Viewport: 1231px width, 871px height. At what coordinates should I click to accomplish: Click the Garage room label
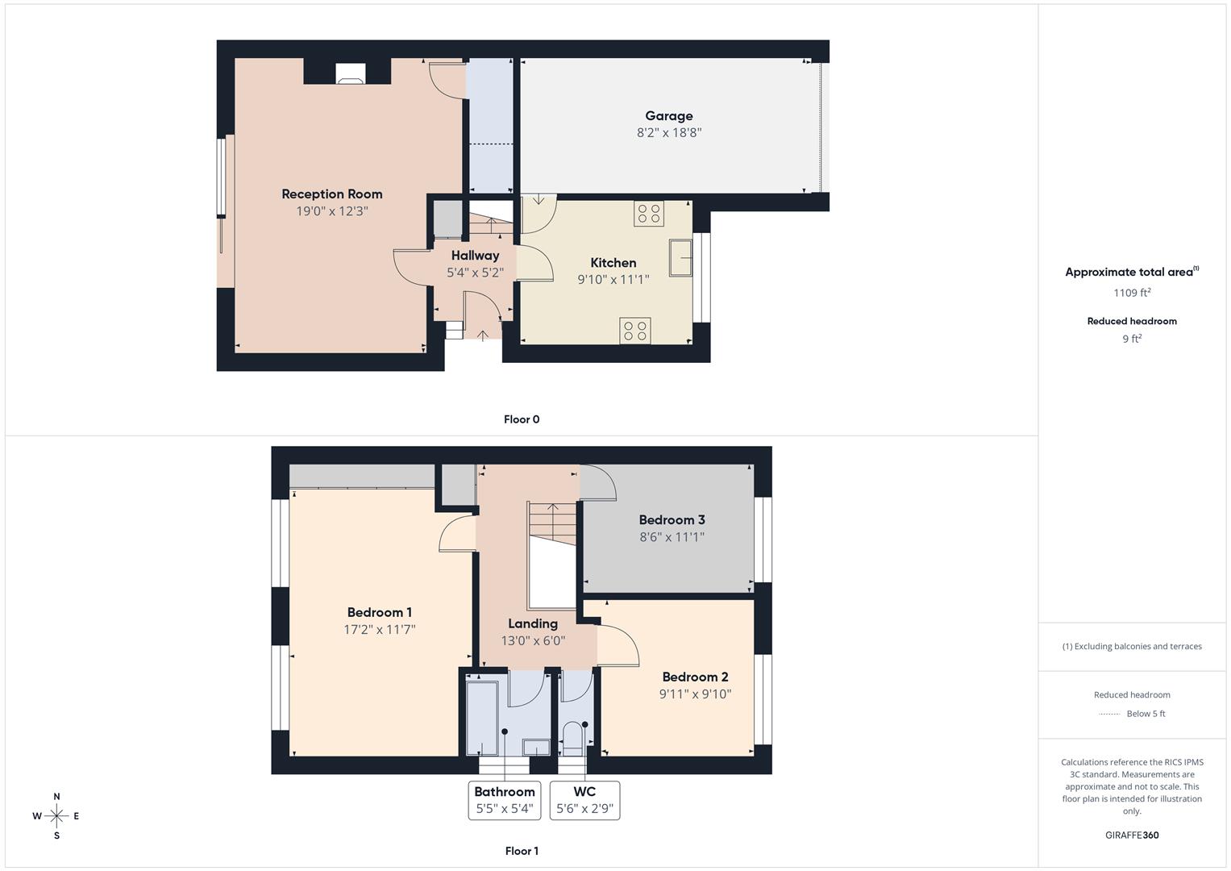(x=668, y=116)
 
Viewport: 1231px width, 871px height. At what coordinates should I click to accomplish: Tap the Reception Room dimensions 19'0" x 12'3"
(x=331, y=211)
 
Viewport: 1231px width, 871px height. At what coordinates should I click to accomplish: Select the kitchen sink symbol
(x=680, y=258)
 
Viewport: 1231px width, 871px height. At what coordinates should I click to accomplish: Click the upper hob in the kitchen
(x=649, y=214)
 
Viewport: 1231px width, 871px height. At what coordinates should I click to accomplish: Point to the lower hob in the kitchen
(x=635, y=331)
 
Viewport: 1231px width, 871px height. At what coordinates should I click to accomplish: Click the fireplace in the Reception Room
(x=350, y=74)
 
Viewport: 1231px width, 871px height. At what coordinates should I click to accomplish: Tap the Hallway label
(x=475, y=256)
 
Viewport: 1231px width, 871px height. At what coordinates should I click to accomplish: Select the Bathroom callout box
(x=505, y=800)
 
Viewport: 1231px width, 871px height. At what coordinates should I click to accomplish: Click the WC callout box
(x=584, y=800)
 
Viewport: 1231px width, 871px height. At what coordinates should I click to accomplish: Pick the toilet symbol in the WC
(x=573, y=737)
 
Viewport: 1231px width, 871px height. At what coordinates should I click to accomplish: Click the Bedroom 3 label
(x=672, y=520)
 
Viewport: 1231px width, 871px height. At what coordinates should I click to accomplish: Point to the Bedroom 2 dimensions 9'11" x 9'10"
(x=695, y=694)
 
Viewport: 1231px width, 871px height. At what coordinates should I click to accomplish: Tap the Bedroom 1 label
(x=379, y=613)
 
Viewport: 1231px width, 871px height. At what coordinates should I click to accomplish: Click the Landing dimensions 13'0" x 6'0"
(x=533, y=641)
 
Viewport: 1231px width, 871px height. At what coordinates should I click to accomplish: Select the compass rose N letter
(x=56, y=797)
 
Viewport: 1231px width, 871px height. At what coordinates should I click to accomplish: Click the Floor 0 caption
(x=522, y=419)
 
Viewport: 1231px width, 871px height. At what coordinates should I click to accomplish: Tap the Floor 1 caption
(x=522, y=851)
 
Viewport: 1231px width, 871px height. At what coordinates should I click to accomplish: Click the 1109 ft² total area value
(x=1132, y=293)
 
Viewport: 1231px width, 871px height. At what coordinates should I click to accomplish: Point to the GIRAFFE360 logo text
(x=1132, y=835)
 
